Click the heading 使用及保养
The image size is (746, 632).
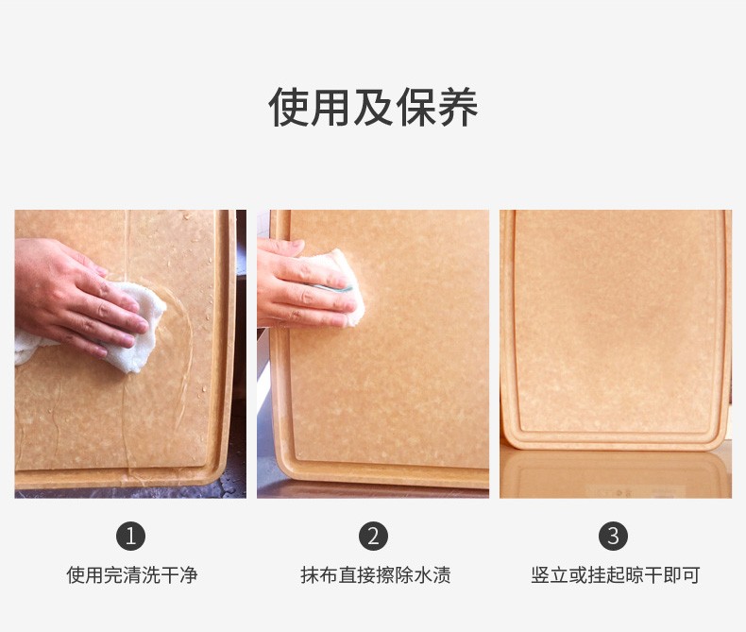[x=373, y=107]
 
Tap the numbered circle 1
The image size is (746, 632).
[x=130, y=536]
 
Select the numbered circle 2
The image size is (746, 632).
[x=373, y=536]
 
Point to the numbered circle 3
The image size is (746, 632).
[x=613, y=536]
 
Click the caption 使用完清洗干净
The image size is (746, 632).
[x=132, y=575]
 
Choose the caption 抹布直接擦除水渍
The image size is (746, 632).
[x=376, y=575]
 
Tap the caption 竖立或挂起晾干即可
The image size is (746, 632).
[x=615, y=575]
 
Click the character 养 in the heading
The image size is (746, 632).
[x=458, y=107]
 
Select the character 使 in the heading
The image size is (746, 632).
[x=289, y=107]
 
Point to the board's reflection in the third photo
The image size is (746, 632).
[x=615, y=473]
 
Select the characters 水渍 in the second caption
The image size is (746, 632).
[x=432, y=575]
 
